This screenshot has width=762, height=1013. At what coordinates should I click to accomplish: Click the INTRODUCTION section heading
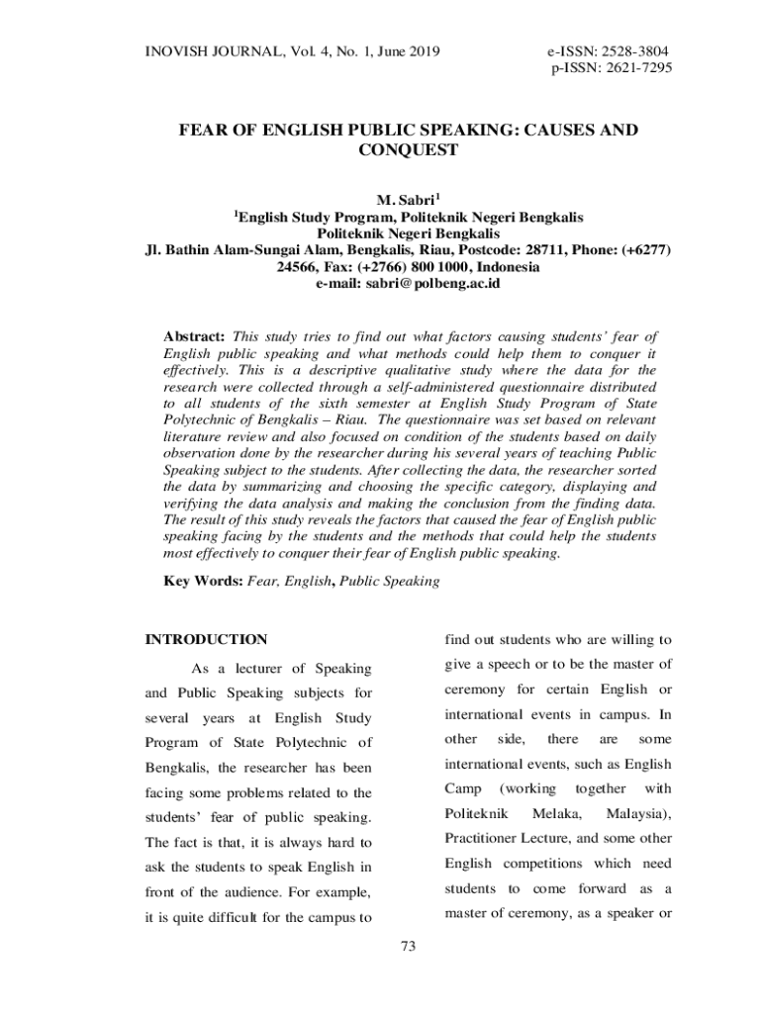tap(206, 639)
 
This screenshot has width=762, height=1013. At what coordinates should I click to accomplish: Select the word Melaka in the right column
tap(556, 813)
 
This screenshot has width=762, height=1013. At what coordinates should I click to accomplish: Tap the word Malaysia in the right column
tap(638, 813)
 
